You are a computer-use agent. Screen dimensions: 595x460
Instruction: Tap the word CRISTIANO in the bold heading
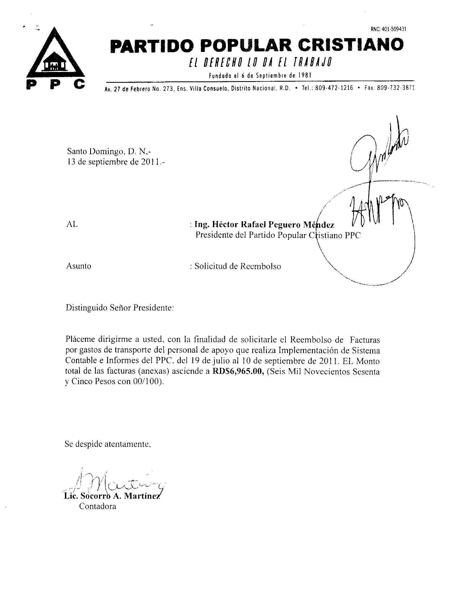(350, 45)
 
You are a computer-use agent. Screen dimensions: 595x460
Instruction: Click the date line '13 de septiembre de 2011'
(116, 162)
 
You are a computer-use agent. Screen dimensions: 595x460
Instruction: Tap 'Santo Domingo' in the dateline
(93, 150)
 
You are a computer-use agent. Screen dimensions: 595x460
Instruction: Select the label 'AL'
(72, 224)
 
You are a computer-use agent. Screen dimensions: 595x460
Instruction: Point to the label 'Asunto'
(79, 266)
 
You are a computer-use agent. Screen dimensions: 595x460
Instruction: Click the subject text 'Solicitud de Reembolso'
(237, 266)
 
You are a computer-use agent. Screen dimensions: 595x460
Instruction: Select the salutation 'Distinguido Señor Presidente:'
(119, 308)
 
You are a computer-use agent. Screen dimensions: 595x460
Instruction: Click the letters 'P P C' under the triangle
(55, 85)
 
